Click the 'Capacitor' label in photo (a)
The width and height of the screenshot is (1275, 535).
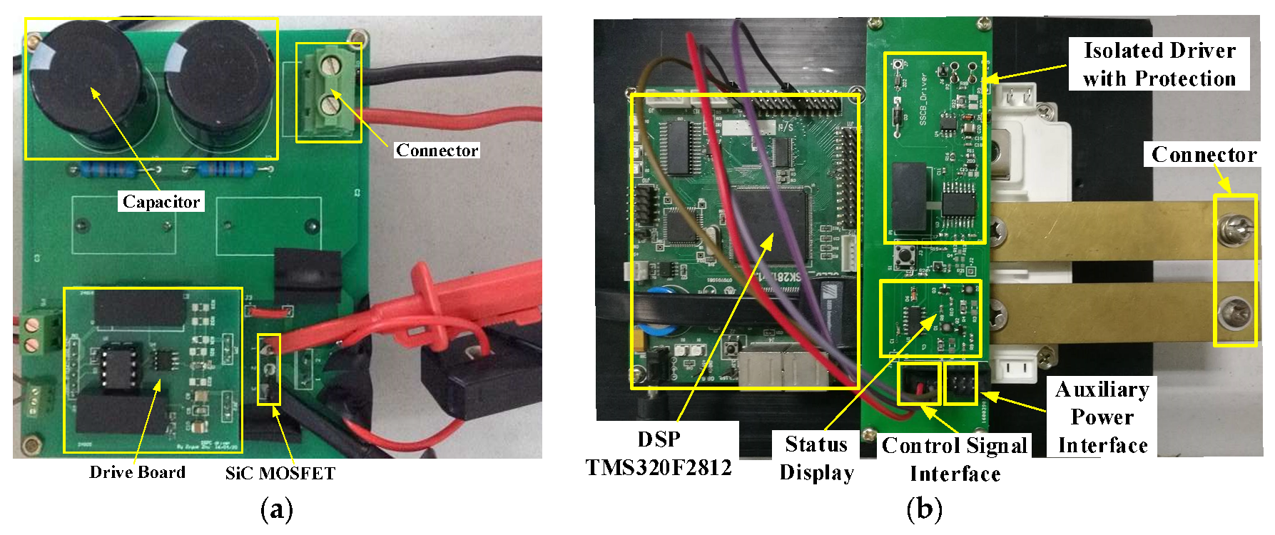click(161, 202)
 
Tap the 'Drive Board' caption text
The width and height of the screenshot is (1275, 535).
click(137, 472)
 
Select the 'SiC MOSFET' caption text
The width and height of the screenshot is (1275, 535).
click(280, 473)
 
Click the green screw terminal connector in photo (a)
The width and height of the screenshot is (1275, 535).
click(328, 91)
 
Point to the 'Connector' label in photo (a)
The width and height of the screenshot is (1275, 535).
click(437, 151)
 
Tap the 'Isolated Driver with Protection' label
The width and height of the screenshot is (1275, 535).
click(1159, 64)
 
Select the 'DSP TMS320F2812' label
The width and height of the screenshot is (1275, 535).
click(659, 454)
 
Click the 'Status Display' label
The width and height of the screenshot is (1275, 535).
click(816, 458)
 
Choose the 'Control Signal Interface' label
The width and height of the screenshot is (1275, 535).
click(955, 459)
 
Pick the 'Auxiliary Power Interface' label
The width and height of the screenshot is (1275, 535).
click(1102, 417)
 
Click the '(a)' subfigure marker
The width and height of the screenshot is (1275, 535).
click(277, 509)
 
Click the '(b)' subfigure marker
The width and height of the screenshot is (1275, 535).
click(924, 509)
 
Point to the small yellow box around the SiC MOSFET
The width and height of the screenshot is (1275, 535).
click(269, 369)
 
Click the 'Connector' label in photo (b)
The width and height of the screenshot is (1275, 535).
click(1204, 155)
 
